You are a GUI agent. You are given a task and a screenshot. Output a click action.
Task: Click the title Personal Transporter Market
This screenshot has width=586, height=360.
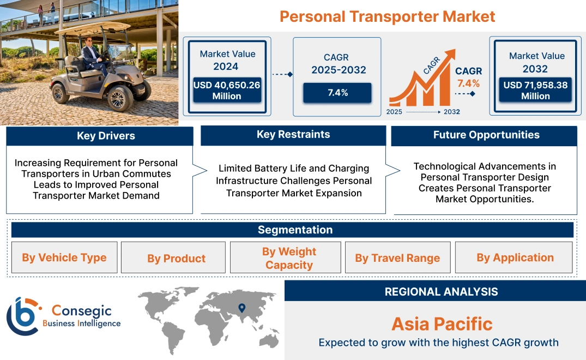387,16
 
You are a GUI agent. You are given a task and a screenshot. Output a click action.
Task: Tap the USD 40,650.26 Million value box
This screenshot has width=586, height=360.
227,91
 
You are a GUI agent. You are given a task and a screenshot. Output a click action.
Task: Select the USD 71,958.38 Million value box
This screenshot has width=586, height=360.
535,91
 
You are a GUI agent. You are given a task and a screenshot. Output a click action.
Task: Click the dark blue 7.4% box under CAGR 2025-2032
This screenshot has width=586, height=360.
337,93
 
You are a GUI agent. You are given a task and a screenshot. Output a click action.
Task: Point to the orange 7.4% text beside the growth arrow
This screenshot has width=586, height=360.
468,83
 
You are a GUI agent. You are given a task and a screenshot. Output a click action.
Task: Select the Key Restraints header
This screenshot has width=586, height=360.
293,135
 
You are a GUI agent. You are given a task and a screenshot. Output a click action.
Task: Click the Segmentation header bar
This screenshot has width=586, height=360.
295,230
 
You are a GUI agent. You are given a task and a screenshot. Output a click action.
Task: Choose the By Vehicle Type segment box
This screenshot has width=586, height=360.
64,257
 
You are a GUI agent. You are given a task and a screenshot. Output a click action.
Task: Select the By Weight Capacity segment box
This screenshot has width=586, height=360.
288,258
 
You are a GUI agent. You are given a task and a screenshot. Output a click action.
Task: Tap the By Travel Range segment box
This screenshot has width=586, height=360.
397,258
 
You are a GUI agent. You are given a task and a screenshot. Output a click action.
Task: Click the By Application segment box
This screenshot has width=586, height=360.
515,257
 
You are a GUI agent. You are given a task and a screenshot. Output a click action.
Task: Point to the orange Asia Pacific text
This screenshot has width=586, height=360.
442,323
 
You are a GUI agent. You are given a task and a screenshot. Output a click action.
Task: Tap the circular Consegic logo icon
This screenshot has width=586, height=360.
23,316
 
